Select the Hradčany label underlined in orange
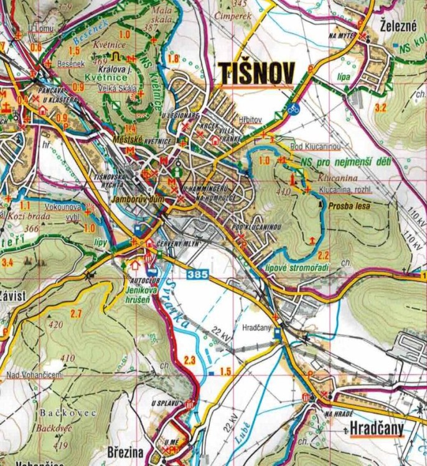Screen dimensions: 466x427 click(x=376, y=428)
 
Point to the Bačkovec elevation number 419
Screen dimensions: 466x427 click(x=61, y=445)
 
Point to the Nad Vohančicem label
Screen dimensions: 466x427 click(x=34, y=375)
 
